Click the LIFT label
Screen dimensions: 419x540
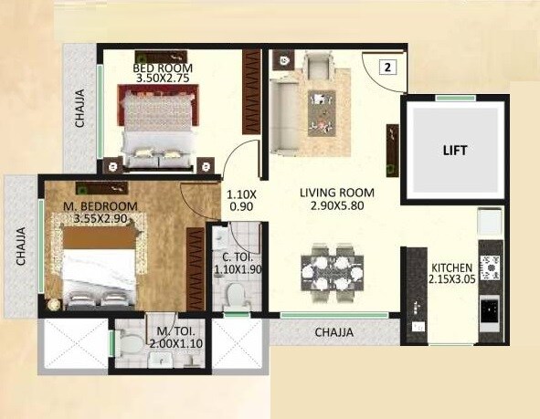tap(455, 151)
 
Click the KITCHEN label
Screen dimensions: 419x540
tap(451, 267)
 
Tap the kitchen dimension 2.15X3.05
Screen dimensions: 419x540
tap(451, 280)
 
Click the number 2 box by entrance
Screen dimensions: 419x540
tap(387, 67)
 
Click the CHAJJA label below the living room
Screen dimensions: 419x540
tap(334, 332)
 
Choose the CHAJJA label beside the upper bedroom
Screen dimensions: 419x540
tap(80, 108)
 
